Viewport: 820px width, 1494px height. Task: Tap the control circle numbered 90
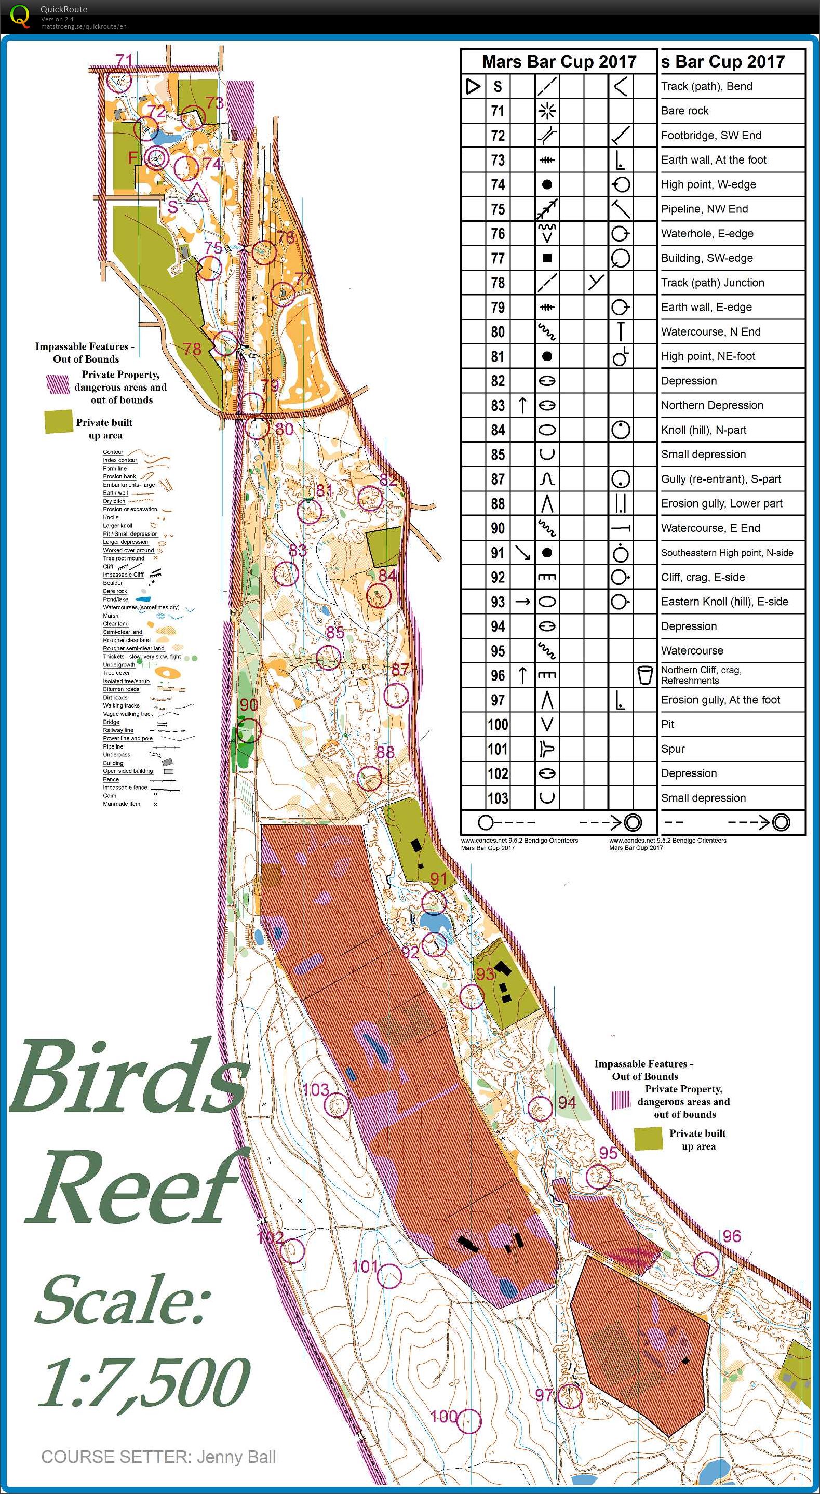coord(249,730)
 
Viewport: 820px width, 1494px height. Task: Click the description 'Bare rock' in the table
coord(685,111)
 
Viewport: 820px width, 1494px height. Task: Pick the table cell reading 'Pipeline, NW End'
coord(704,209)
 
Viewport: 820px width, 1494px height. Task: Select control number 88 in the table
coord(498,503)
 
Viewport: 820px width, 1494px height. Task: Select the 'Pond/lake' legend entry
coord(115,599)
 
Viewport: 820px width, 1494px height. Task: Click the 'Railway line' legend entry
coord(118,730)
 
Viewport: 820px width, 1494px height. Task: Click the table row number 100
coord(498,724)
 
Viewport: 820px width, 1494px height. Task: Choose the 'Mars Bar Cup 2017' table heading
coord(559,61)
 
